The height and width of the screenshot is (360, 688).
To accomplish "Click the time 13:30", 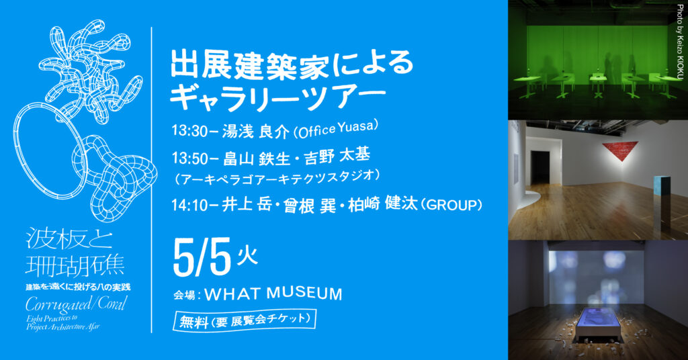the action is click(191, 131).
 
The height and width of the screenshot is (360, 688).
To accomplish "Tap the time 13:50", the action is click(191, 158).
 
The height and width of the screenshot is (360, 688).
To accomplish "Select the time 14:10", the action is click(191, 205).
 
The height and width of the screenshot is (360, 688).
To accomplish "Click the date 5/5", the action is click(202, 258).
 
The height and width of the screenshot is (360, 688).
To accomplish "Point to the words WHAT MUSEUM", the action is click(273, 294).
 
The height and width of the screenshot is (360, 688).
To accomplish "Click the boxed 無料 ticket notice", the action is click(245, 321).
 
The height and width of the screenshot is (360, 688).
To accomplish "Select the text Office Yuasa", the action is click(336, 130).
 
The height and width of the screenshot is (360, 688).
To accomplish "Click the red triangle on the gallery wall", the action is click(621, 152).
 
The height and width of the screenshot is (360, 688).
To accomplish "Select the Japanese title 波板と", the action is click(69, 239).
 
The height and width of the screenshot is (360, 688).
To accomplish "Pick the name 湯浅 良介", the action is click(255, 131).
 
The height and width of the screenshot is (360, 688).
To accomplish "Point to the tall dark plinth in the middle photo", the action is click(662, 201).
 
